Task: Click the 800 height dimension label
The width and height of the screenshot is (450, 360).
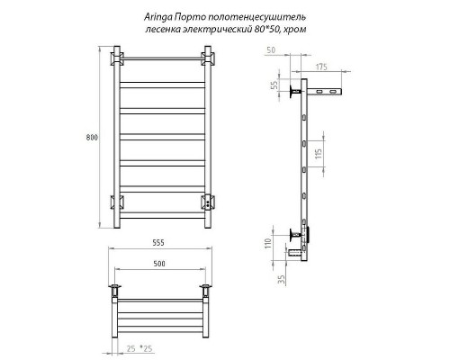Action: pos(92,137)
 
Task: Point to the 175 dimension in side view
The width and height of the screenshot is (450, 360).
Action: pos(321,67)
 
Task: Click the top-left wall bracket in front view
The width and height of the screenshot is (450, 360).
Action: pos(116,60)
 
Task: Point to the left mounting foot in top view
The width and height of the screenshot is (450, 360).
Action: pos(115,291)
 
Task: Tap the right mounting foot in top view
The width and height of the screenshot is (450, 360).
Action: pos(209,291)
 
